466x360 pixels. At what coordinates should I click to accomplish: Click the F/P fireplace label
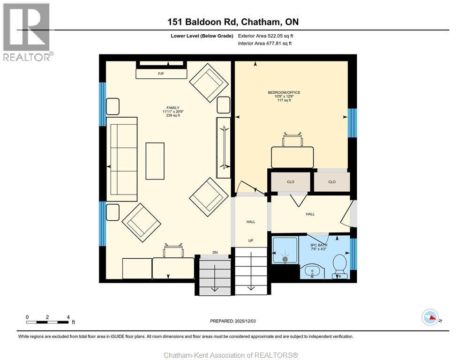pyautogui.click(x=160, y=74)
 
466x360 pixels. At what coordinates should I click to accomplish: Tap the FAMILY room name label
pyautogui.click(x=171, y=108)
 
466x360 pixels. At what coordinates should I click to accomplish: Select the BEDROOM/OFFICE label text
pyautogui.click(x=284, y=93)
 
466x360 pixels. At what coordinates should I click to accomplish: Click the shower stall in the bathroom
pyautogui.click(x=285, y=251)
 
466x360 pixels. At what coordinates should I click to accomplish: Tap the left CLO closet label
pyautogui.click(x=291, y=182)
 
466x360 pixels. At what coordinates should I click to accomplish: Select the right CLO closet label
pyautogui.click(x=332, y=182)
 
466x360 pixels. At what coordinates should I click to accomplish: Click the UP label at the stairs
pyautogui.click(x=251, y=241)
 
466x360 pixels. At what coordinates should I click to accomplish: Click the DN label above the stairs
pyautogui.click(x=215, y=253)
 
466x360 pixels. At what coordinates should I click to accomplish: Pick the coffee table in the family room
pyautogui.click(x=155, y=161)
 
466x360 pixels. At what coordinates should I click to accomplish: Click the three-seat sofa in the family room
pyautogui.click(x=122, y=156)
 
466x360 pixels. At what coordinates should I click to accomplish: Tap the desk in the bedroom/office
pyautogui.click(x=292, y=157)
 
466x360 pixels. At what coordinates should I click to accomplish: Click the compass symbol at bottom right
pyautogui.click(x=429, y=317)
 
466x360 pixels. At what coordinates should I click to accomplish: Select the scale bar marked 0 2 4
pyautogui.click(x=48, y=322)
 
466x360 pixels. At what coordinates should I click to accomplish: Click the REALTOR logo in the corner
pyautogui.click(x=27, y=32)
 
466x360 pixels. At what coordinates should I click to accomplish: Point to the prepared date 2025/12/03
pyautogui.click(x=233, y=321)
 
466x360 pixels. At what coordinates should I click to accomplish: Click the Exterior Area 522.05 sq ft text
pyautogui.click(x=266, y=36)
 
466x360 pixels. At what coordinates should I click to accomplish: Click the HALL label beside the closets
pyautogui.click(x=310, y=214)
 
